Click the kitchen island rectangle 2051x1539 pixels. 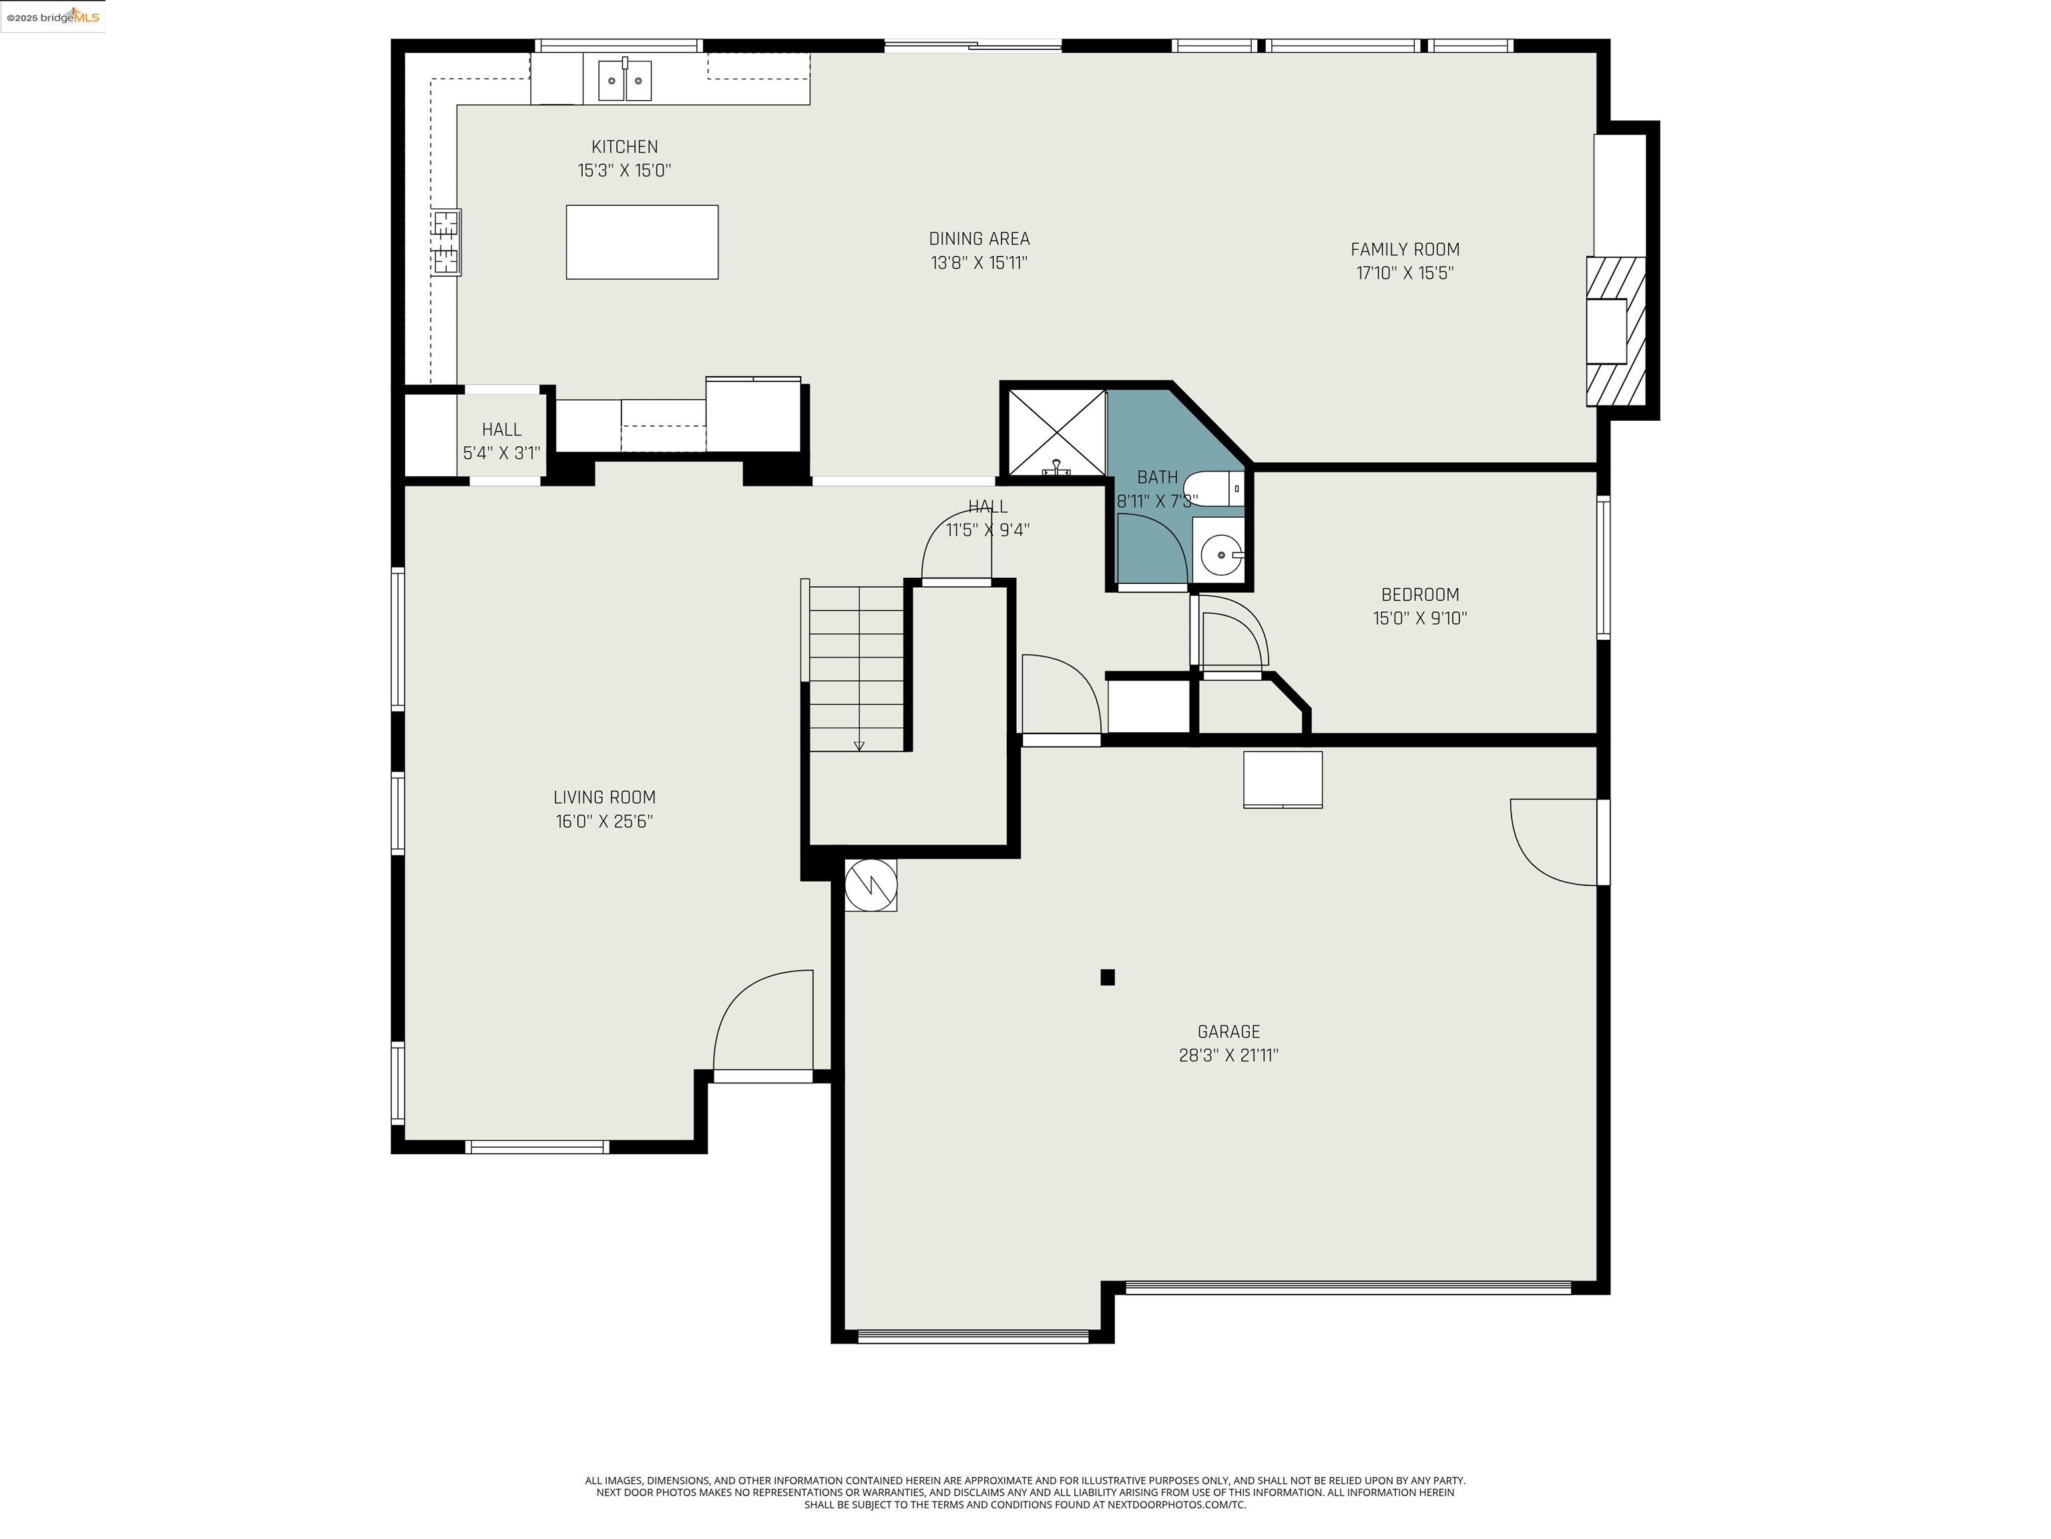[642, 242]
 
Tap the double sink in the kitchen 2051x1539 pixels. [624, 79]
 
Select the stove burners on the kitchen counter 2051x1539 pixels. [446, 242]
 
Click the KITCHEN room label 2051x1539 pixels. [624, 146]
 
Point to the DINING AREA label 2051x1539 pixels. [979, 239]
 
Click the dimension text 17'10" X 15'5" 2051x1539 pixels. [1405, 273]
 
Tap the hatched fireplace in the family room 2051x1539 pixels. [1615, 331]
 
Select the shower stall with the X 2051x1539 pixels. [1056, 432]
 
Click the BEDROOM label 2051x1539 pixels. [1419, 594]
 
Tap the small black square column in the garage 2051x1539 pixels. [1107, 977]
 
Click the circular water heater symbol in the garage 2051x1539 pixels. [871, 884]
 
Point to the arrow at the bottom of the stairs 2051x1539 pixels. [859, 745]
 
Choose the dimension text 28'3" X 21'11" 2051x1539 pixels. [1228, 1055]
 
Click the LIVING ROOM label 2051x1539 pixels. [604, 797]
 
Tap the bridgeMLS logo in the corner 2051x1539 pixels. [53, 17]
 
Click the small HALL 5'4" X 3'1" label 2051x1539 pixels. [501, 441]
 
